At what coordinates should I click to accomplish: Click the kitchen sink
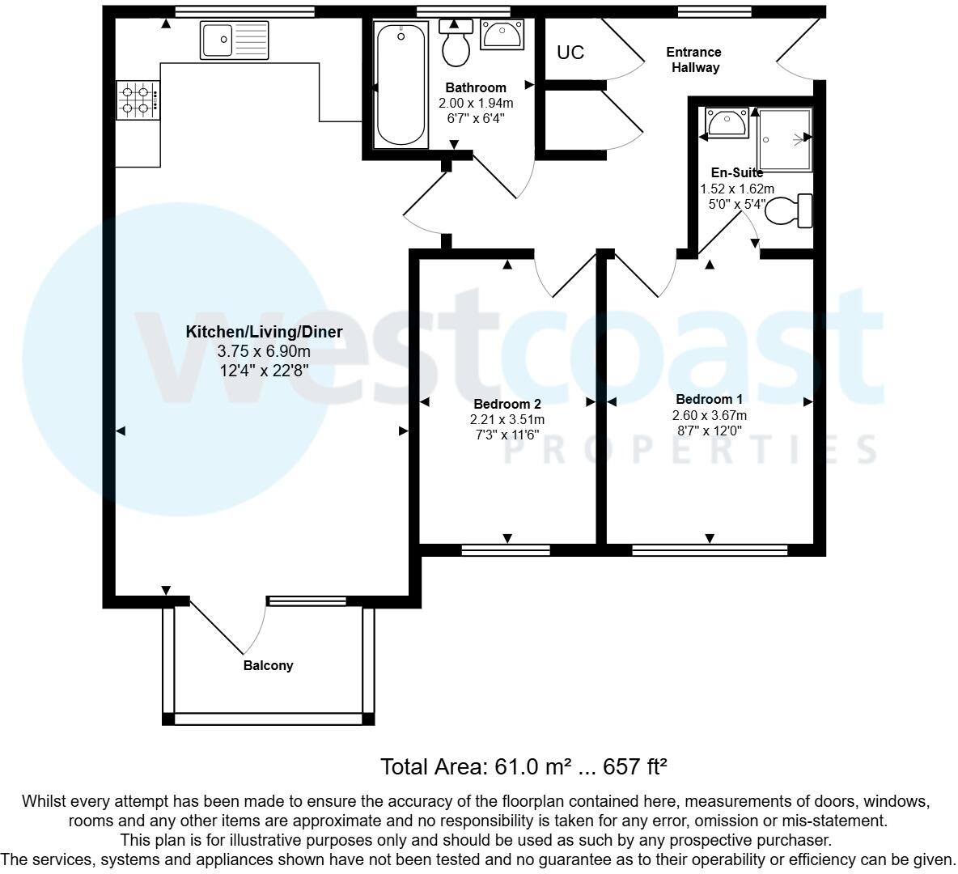[234, 40]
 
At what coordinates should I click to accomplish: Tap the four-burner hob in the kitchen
[138, 100]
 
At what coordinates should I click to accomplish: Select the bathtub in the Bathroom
[401, 84]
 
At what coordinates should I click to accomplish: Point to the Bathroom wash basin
[502, 35]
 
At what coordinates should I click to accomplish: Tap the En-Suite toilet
[789, 211]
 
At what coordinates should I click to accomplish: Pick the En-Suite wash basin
[727, 122]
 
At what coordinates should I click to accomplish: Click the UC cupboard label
[570, 53]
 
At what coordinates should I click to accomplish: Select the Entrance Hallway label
[693, 60]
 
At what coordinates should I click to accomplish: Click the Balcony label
[268, 666]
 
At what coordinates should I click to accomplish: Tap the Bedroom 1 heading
[709, 399]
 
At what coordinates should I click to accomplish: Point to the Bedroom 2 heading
[507, 404]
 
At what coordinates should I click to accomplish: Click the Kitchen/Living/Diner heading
[265, 332]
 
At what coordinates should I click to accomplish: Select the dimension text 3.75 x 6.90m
[264, 352]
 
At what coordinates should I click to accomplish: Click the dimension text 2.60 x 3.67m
[709, 416]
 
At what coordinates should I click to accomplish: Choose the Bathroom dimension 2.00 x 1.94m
[476, 104]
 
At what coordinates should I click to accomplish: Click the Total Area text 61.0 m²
[524, 766]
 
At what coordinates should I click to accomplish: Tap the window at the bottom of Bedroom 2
[506, 550]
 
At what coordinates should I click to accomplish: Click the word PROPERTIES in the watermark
[693, 449]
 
